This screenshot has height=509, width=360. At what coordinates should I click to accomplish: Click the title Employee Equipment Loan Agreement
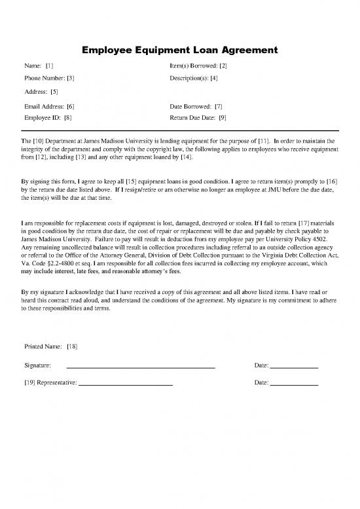[180, 50]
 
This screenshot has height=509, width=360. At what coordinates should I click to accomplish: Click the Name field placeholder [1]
[50, 66]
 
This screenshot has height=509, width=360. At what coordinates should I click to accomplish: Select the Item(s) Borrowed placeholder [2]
[223, 66]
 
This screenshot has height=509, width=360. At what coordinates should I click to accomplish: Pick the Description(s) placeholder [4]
[213, 78]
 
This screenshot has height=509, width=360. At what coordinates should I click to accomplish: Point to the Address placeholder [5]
[54, 92]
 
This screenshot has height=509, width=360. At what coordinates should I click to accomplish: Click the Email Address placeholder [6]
[70, 105]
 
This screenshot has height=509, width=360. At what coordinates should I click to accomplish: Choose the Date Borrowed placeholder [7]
[219, 105]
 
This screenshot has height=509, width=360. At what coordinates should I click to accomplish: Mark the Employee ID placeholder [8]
[67, 118]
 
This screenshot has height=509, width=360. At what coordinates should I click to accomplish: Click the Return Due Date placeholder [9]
[223, 118]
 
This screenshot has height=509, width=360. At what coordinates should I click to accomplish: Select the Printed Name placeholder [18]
[72, 345]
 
